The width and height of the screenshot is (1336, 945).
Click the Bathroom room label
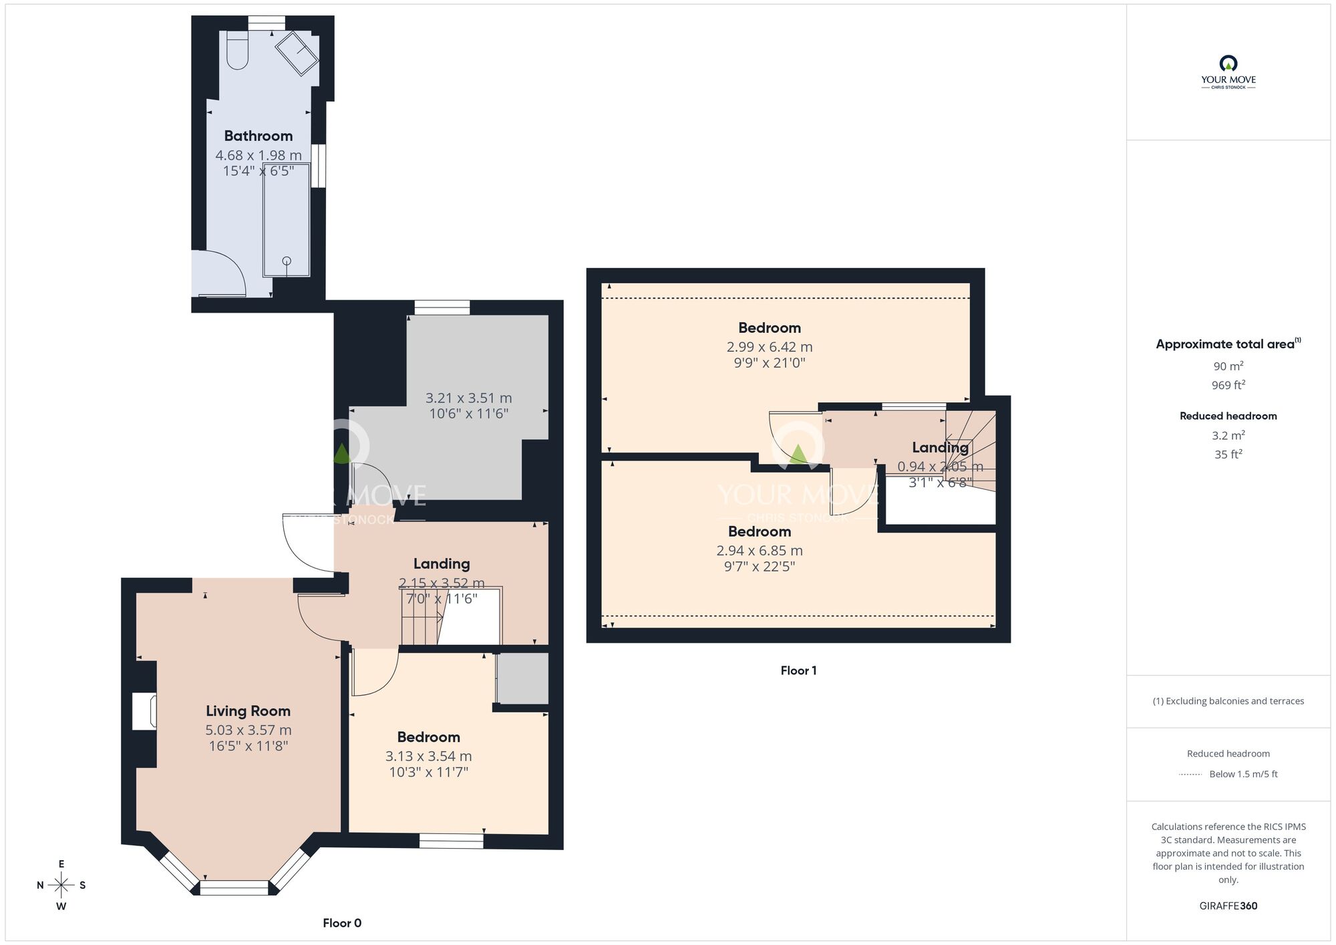(x=258, y=136)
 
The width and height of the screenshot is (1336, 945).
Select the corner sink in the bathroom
(x=298, y=53)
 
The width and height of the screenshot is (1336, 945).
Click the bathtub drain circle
(x=287, y=261)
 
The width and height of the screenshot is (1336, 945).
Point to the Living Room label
(x=248, y=711)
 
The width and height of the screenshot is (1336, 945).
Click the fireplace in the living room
(x=144, y=711)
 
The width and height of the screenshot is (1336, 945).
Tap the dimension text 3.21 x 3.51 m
(x=468, y=398)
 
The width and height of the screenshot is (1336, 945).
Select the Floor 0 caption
(x=342, y=923)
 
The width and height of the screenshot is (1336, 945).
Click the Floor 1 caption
(x=798, y=670)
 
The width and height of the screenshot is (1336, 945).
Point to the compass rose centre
(x=61, y=886)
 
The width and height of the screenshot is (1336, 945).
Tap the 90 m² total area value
(x=1228, y=366)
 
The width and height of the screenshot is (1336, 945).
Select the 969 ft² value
(x=1228, y=385)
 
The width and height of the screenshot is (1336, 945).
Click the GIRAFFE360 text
(x=1228, y=906)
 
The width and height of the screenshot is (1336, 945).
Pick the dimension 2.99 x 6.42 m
(x=769, y=347)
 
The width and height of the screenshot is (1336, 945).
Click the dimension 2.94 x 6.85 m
(x=759, y=551)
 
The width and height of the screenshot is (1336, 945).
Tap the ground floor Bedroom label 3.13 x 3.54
(x=428, y=737)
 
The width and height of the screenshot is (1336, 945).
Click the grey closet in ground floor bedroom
(x=523, y=678)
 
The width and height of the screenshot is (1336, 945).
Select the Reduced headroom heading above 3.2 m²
(x=1228, y=416)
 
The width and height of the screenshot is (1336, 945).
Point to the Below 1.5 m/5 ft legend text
(x=1243, y=774)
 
